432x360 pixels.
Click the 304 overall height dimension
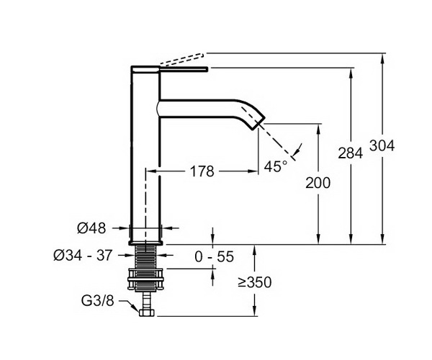[382, 145]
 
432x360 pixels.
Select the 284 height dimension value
[351, 153]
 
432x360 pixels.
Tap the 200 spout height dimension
[318, 183]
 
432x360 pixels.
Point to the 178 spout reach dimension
[202, 171]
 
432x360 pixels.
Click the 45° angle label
[276, 166]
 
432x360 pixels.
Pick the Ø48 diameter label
[91, 228]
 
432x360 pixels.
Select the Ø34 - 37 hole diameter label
[83, 256]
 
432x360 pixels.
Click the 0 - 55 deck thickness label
[214, 257]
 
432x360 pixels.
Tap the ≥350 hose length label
[255, 282]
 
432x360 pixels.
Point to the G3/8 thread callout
[97, 301]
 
